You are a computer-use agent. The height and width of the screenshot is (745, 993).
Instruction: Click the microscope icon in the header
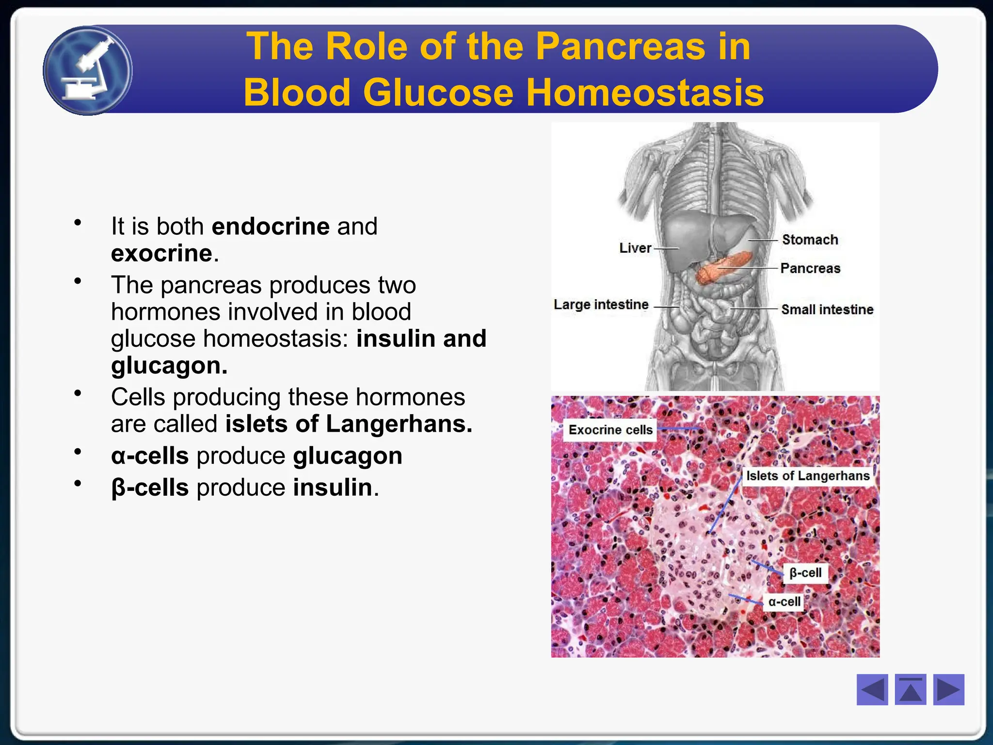click(88, 70)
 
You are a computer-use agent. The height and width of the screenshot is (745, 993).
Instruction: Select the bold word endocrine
click(271, 227)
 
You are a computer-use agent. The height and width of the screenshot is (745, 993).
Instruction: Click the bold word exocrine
click(161, 253)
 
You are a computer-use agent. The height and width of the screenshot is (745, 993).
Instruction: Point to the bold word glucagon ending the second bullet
click(169, 365)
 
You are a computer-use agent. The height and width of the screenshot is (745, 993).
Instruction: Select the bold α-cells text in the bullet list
click(150, 456)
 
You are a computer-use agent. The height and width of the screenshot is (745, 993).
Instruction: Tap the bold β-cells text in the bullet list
click(150, 487)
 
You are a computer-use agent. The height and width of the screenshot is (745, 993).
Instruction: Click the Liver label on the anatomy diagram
click(635, 248)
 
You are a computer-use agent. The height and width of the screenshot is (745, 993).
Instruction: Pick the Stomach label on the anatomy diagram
click(810, 240)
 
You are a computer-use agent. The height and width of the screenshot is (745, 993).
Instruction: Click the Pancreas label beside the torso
click(810, 268)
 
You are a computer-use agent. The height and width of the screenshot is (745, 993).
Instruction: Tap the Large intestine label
click(601, 305)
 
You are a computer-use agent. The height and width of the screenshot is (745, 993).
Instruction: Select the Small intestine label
click(827, 309)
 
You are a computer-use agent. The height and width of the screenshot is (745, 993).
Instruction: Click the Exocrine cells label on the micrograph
click(610, 430)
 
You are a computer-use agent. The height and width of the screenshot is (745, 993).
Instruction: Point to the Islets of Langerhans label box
click(807, 476)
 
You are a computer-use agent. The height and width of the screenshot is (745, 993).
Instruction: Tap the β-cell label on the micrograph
click(805, 573)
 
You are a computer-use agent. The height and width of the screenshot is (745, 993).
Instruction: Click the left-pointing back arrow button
click(872, 689)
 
